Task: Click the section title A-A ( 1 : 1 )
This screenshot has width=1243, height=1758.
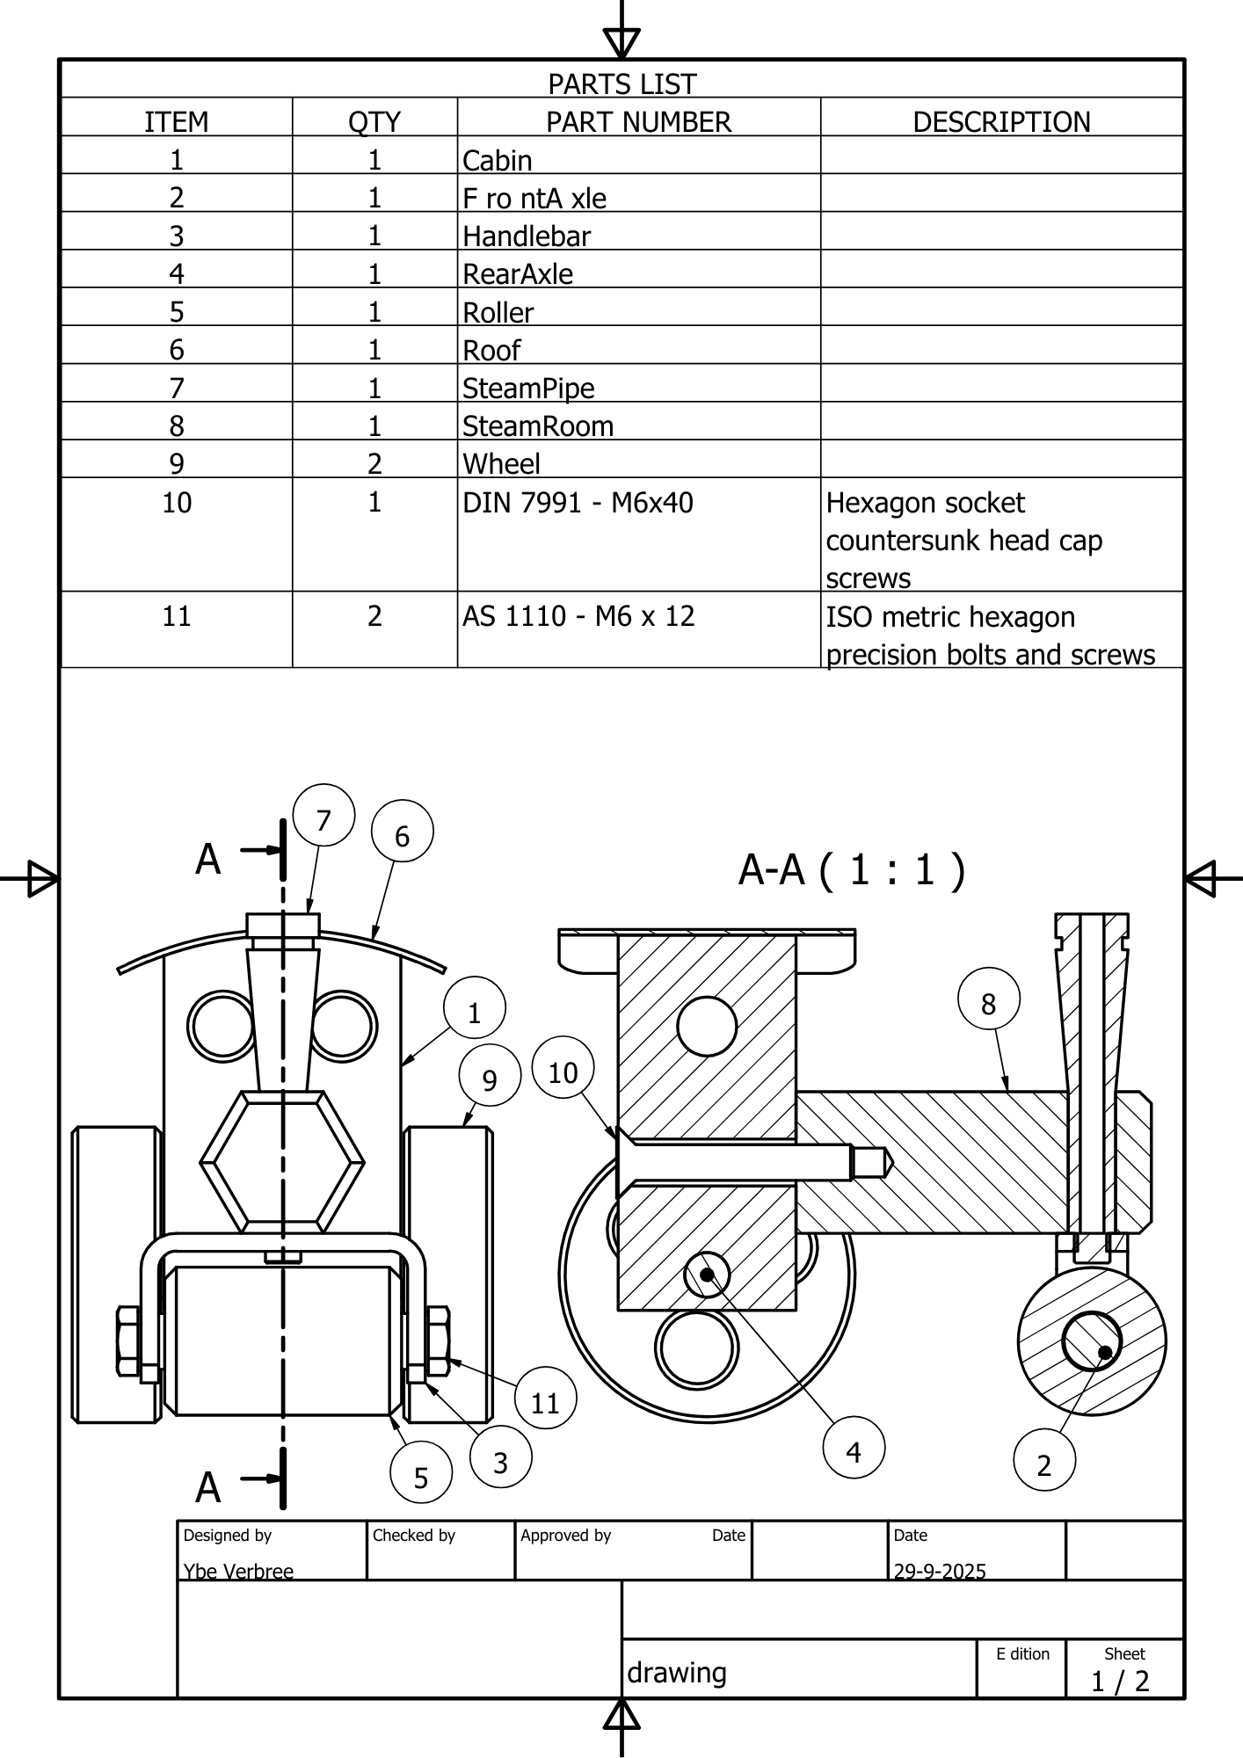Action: pyautogui.click(x=852, y=870)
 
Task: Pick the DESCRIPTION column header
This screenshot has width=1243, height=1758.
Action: pyautogui.click(x=1001, y=121)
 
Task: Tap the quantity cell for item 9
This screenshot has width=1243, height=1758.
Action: pyautogui.click(x=374, y=463)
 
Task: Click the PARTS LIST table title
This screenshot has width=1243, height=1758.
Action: pyautogui.click(x=621, y=84)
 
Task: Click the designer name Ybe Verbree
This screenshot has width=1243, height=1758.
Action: pyautogui.click(x=238, y=1571)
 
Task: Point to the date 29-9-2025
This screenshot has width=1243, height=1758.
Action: pyautogui.click(x=940, y=1571)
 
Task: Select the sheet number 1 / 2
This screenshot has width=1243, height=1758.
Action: pyautogui.click(x=1120, y=1681)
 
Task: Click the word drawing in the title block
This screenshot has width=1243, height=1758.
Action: pyautogui.click(x=677, y=1672)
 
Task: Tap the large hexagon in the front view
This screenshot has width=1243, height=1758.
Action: pyautogui.click(x=282, y=1161)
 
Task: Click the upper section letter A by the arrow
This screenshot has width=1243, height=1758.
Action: pyautogui.click(x=208, y=859)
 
